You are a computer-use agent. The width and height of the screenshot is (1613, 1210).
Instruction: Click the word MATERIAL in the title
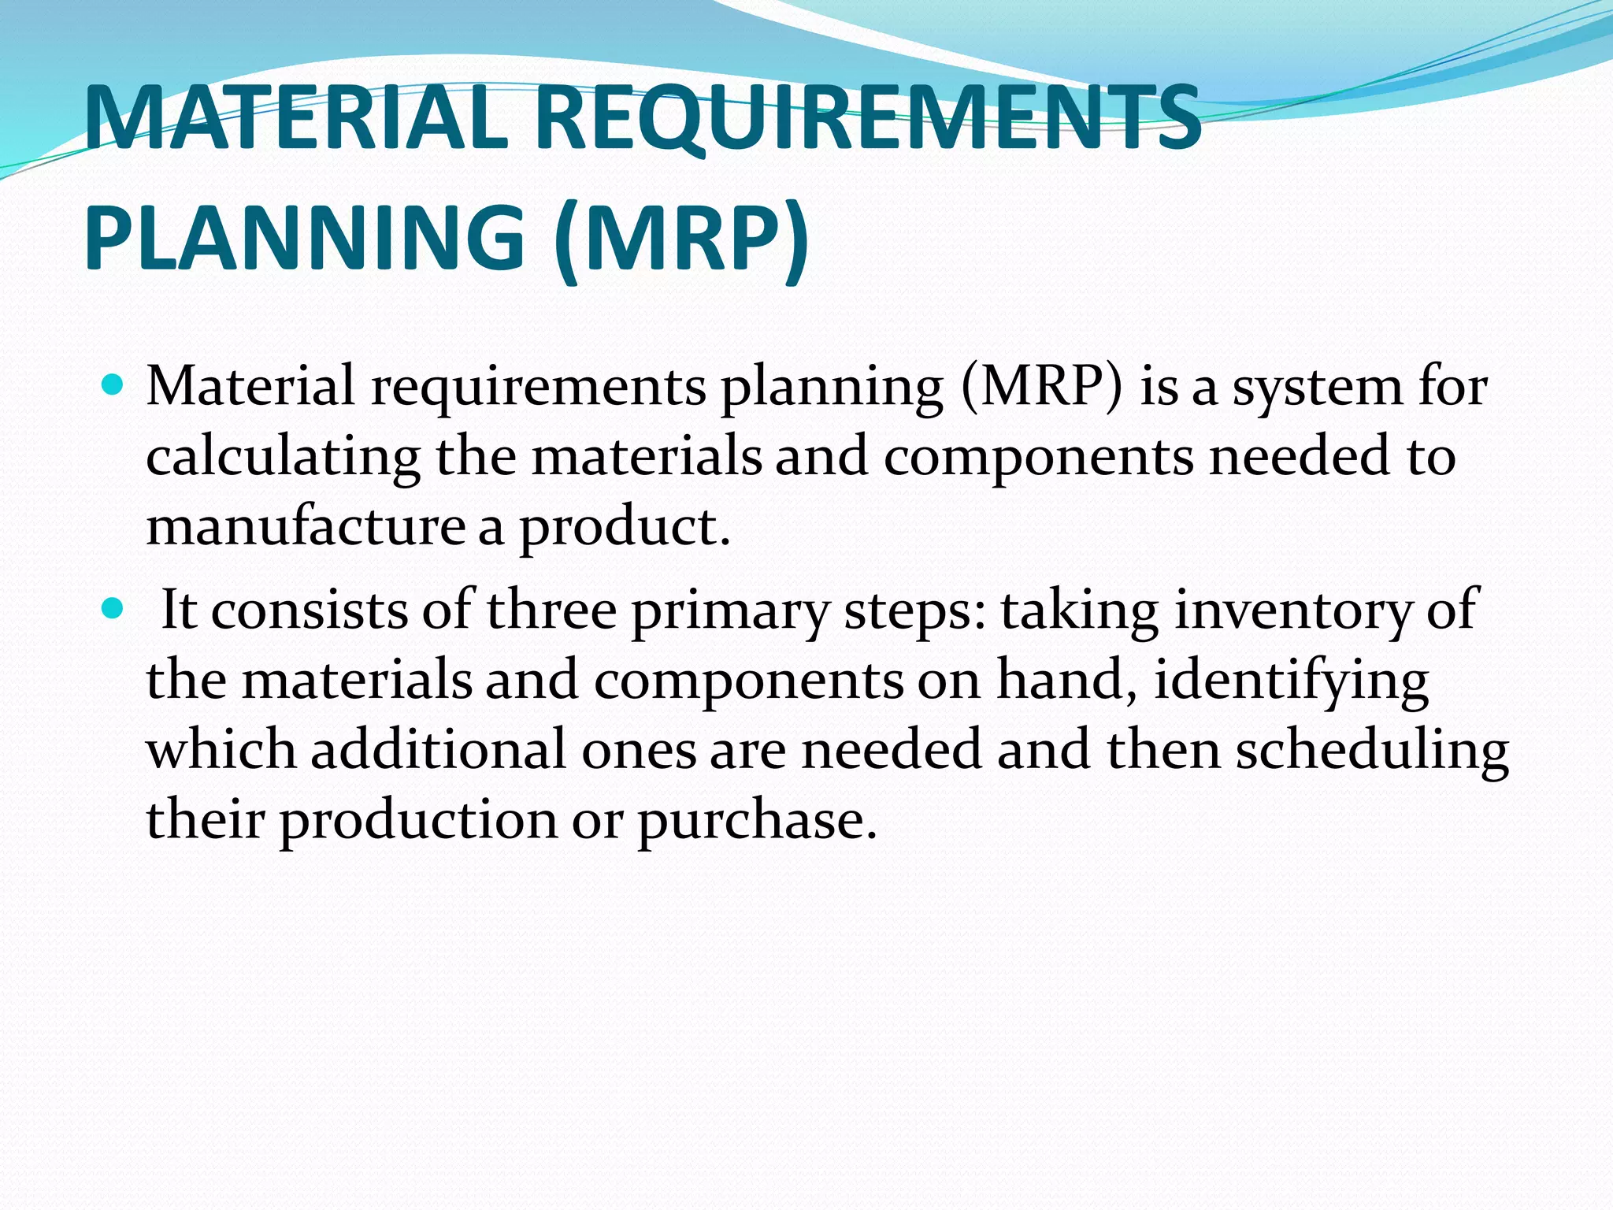coord(295,120)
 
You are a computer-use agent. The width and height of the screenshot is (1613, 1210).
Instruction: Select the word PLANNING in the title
coord(304,236)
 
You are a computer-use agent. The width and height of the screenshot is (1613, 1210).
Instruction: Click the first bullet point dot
coord(113,386)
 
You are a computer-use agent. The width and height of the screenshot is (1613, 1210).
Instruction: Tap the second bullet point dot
coord(113,609)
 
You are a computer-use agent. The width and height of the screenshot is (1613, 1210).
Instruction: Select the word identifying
coord(1292,681)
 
